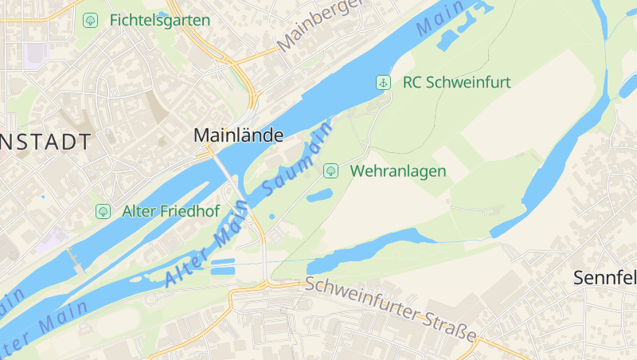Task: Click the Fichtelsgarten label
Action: coord(160,20)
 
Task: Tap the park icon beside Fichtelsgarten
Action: coord(91,20)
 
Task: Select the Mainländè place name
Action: coord(238,136)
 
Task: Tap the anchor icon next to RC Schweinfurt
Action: coord(384,82)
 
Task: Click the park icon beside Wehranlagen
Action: coord(330,170)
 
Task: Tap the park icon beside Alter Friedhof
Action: coord(103,211)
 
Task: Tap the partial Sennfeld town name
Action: coord(605,278)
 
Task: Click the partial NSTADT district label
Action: coord(45,143)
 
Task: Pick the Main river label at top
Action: coord(440,22)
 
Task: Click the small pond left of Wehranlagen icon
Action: coord(318,195)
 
